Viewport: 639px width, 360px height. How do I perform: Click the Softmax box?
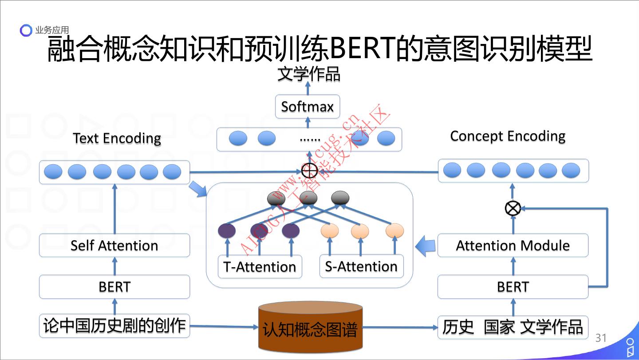point(307,107)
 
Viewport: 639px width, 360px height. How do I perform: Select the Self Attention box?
point(114,245)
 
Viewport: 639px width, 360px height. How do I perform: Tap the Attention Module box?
point(513,245)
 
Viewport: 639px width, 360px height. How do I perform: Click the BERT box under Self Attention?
point(114,287)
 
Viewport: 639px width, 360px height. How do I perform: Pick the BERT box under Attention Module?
point(513,287)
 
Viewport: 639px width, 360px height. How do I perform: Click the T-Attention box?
point(260,266)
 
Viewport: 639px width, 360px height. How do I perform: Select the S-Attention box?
point(361,266)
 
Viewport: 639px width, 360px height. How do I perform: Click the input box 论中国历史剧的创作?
point(114,326)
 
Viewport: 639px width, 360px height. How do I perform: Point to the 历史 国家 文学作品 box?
point(513,327)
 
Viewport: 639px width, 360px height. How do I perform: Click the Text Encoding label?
point(117,138)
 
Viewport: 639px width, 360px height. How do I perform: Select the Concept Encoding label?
point(508,136)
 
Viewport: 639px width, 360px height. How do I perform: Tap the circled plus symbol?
point(309,171)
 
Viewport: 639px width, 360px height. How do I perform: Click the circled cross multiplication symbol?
point(513,207)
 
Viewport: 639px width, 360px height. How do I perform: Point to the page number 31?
point(601,338)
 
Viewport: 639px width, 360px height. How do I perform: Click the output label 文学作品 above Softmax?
point(309,74)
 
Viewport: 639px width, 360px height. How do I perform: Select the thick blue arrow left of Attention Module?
point(426,245)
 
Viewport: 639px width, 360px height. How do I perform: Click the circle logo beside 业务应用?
point(26,30)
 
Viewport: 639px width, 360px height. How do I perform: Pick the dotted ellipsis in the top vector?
point(310,139)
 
